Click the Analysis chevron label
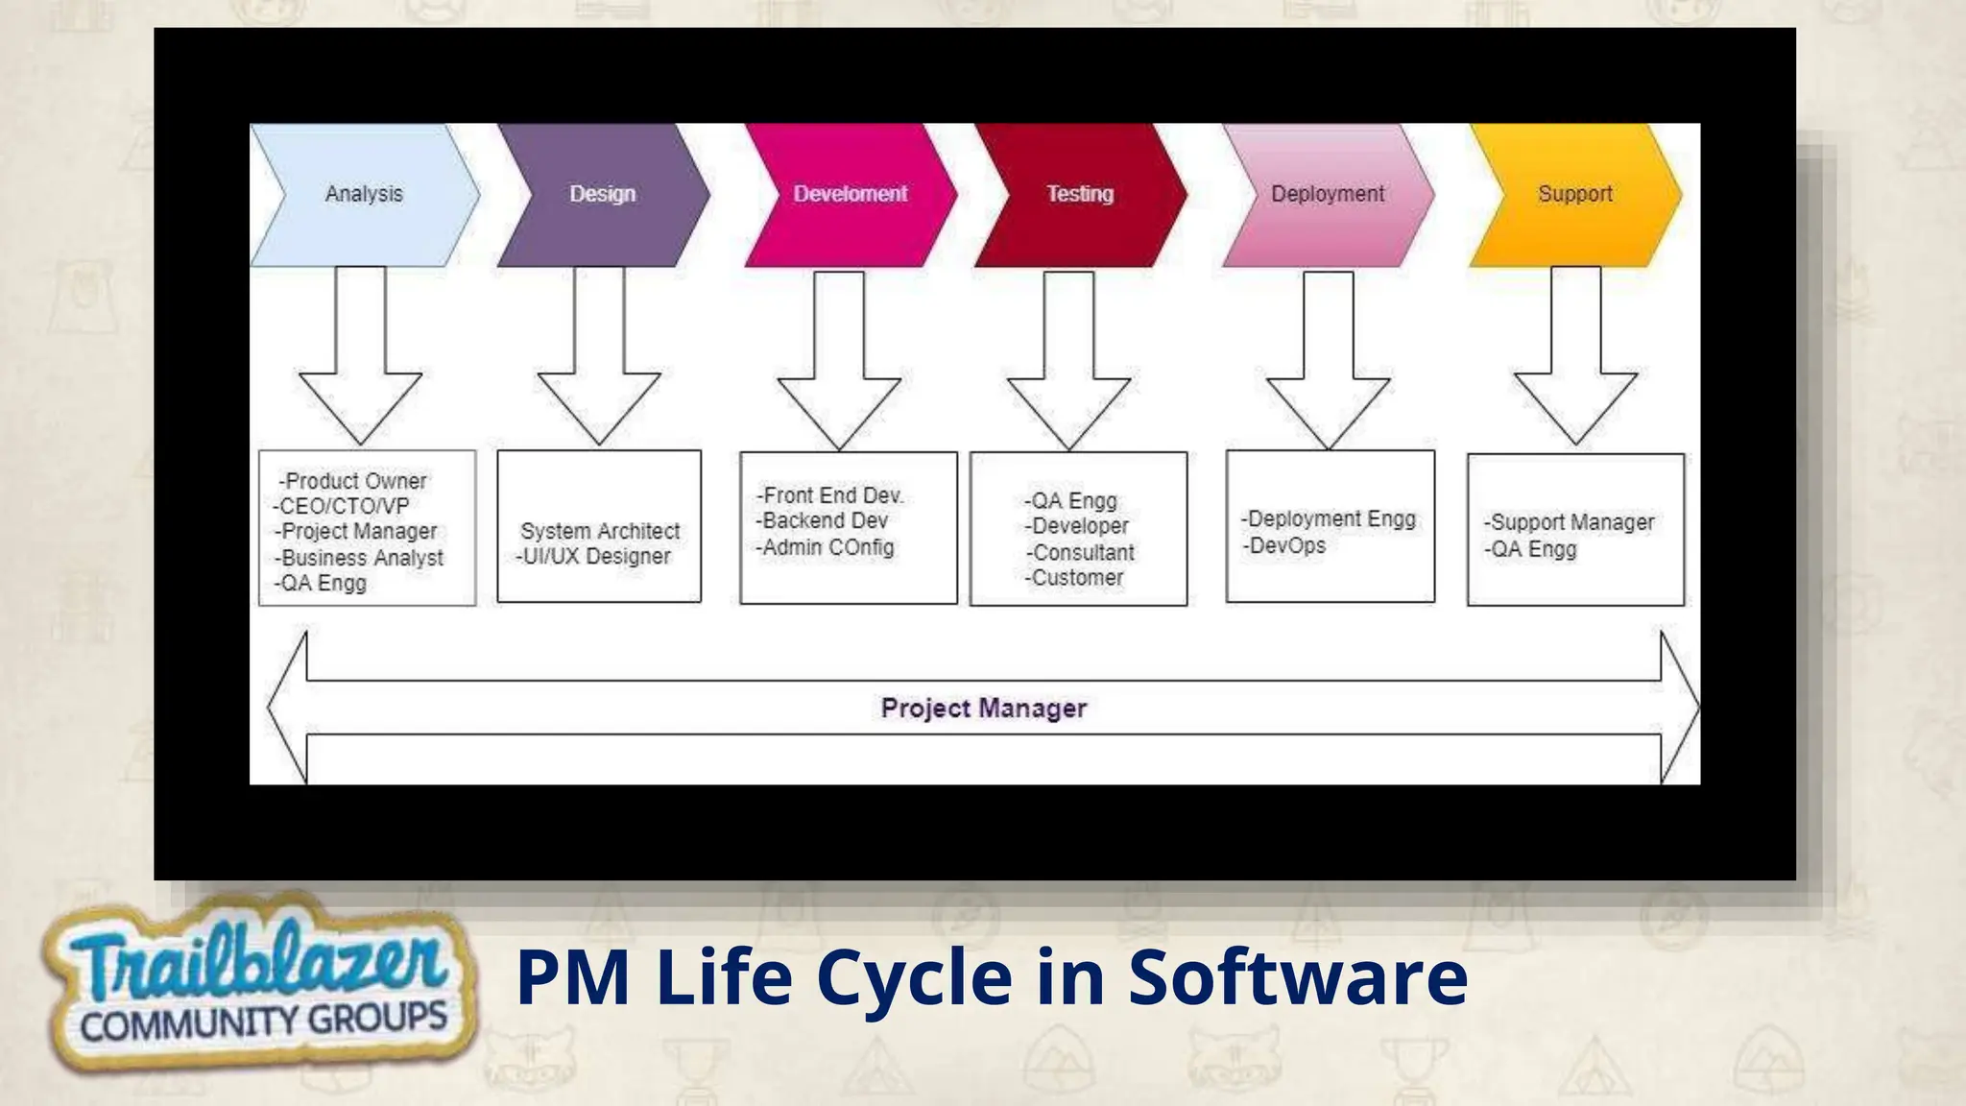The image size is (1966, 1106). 364,194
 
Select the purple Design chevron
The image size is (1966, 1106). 603,194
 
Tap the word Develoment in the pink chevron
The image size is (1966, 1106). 850,194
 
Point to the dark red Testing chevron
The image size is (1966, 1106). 1080,194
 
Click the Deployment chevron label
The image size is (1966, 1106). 1328,194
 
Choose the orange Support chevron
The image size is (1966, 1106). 1575,194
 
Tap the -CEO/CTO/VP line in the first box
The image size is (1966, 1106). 342,506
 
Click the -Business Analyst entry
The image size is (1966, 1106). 360,558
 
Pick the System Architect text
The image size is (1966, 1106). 600,531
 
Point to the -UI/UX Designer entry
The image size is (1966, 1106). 593,556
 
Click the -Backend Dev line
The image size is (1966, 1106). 822,520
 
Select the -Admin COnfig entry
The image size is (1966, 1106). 826,547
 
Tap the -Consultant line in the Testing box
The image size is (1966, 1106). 1080,552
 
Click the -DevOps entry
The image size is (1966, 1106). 1284,545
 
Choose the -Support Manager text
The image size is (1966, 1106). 1570,522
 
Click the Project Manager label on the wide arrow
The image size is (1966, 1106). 984,709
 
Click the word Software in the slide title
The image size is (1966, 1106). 1297,976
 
